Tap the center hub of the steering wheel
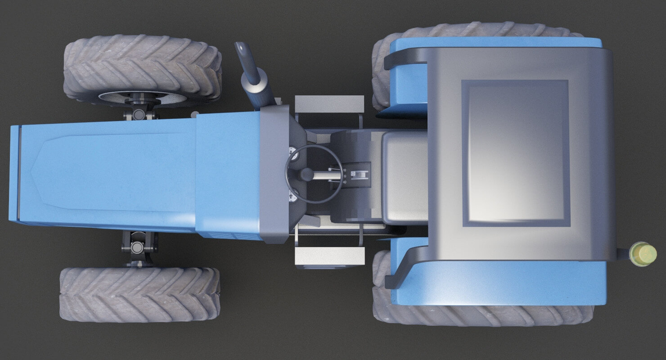point(306,174)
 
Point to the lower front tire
point(139,294)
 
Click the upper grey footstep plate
point(329,104)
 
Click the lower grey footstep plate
point(329,256)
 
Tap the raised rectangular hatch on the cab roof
point(516,153)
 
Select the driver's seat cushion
point(404,178)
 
